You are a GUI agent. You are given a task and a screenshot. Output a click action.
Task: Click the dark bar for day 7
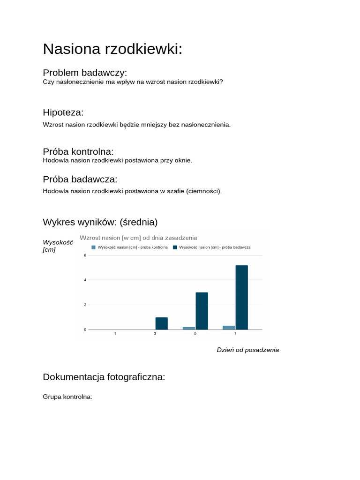pos(241,297)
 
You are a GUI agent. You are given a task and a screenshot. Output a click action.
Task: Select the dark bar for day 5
pos(202,311)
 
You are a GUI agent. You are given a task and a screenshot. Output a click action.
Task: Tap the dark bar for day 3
pos(161,323)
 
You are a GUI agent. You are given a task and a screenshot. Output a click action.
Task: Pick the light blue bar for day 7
pos(229,328)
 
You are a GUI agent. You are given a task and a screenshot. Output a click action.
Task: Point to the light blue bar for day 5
pos(188,328)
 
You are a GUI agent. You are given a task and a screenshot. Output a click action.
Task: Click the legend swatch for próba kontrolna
pos(93,247)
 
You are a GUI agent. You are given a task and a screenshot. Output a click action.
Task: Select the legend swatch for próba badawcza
pos(175,247)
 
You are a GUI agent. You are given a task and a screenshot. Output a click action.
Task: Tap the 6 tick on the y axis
pos(85,255)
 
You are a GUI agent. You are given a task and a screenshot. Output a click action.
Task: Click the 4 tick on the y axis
pos(85,280)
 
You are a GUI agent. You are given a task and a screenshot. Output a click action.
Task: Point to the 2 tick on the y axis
pos(85,305)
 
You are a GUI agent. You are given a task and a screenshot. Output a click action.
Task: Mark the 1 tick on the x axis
pos(115,334)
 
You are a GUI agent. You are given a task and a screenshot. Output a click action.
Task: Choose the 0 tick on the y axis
pos(85,330)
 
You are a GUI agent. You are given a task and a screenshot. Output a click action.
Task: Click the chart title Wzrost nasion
pos(138,238)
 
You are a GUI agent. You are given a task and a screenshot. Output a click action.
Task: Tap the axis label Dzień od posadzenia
pos(247,350)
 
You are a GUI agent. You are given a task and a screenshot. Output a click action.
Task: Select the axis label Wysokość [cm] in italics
pos(57,246)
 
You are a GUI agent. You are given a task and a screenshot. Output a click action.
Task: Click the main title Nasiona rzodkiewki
pos(112,49)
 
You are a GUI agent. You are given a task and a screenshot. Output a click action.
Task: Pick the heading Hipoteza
pos(63,112)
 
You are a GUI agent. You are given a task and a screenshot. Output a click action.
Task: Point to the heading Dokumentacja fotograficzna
pos(104,377)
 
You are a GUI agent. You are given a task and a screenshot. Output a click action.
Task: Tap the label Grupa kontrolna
pos(67,397)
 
